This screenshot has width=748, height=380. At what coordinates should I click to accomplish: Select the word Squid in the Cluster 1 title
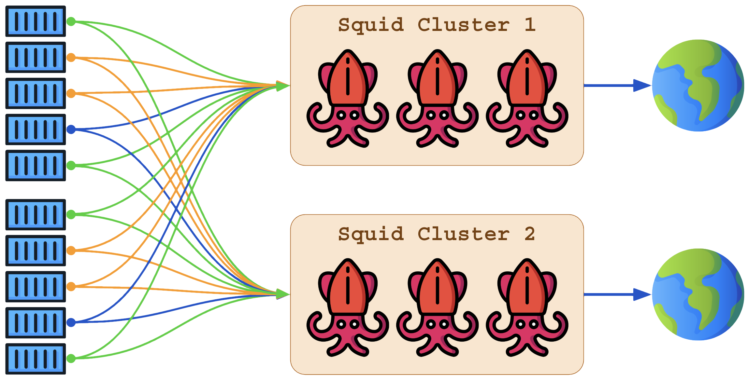click(371, 25)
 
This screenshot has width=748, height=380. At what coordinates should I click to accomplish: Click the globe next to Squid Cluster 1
click(698, 86)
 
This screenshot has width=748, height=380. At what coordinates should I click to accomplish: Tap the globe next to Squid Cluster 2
click(698, 294)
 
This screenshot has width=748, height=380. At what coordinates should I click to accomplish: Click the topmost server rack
click(36, 21)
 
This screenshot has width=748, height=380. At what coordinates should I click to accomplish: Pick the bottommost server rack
click(36, 359)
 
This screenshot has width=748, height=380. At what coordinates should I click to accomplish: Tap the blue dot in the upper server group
click(71, 129)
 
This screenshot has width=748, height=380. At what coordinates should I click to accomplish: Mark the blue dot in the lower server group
click(71, 322)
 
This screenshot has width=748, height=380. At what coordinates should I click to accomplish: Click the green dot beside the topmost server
click(71, 21)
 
